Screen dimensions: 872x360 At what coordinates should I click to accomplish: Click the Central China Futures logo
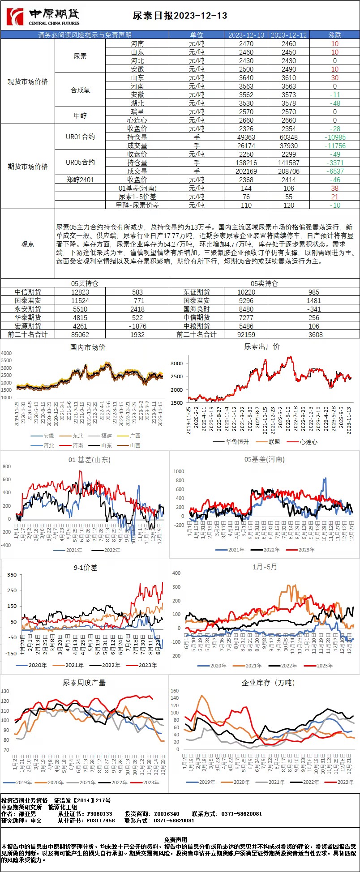click(43, 17)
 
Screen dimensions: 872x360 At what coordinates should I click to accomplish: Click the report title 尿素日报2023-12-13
click(180, 16)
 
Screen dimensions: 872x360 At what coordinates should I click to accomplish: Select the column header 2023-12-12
click(289, 35)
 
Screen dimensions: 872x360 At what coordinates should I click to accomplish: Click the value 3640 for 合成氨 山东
click(246, 78)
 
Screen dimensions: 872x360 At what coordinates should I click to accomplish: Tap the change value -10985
click(335, 137)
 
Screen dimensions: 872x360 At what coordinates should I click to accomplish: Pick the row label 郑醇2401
click(80, 180)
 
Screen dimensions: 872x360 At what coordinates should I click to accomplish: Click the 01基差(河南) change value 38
click(335, 188)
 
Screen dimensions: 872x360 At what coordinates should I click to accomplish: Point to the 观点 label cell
click(28, 244)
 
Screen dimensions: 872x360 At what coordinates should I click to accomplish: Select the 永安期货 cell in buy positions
click(28, 309)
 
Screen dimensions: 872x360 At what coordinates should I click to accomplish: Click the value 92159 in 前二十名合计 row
click(246, 334)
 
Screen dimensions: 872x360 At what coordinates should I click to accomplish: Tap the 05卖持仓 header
click(264, 283)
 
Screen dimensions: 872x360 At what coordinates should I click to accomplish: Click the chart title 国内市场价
click(88, 347)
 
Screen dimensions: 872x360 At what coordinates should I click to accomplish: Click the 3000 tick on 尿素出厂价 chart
click(177, 363)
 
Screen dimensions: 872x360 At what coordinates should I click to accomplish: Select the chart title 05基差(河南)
click(264, 459)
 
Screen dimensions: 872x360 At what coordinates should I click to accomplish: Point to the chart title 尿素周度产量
click(84, 683)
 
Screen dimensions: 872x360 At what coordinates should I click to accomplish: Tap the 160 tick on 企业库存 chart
click(175, 691)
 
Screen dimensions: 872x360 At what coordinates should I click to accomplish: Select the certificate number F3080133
click(100, 813)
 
